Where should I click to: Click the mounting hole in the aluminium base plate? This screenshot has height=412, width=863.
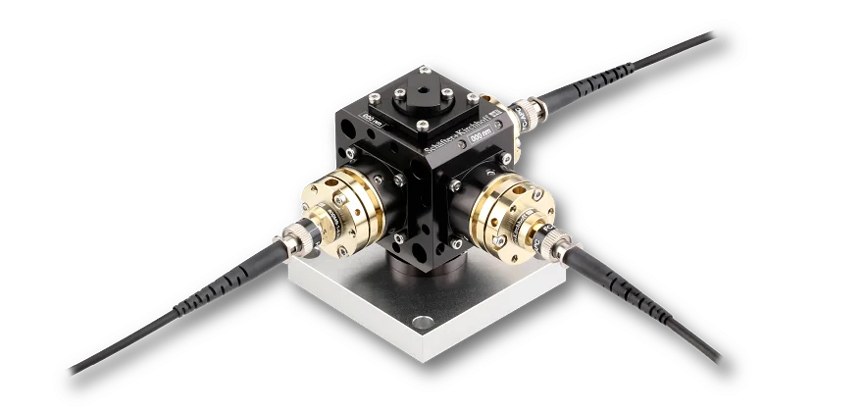coord(422,321)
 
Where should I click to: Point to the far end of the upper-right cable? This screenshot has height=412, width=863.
coord(712,34)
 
